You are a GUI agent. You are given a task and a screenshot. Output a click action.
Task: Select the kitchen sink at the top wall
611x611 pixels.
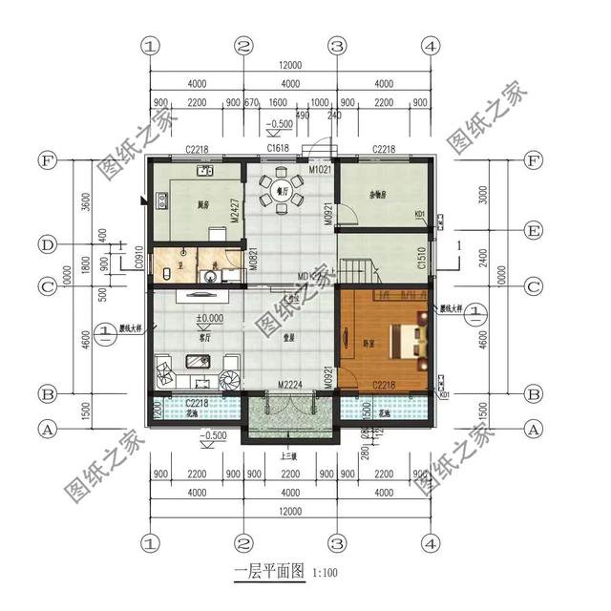coord(205,172)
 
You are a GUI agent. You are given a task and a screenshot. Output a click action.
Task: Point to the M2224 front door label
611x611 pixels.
coord(290,385)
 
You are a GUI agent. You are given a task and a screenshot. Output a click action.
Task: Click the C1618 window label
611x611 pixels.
coord(279,149)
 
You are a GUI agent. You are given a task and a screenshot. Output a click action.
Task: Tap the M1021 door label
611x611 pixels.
coord(319,170)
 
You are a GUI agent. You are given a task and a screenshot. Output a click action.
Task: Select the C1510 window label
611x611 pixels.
coord(421,258)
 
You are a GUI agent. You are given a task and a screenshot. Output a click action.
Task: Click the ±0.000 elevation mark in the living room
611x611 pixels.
coord(209,318)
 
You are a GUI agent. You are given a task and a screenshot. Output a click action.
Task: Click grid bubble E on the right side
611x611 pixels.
coord(534,230)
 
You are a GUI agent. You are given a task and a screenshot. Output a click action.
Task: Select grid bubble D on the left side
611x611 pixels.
coord(45,245)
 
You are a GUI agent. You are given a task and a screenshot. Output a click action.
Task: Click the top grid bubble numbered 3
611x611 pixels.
coord(336,45)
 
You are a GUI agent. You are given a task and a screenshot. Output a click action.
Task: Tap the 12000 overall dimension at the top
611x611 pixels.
coord(290,65)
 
